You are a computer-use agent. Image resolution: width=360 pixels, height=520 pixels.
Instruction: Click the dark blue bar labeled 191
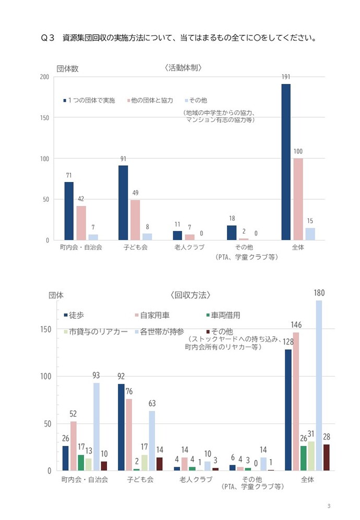(x=286, y=162)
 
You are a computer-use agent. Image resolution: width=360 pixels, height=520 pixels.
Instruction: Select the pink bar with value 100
(x=298, y=199)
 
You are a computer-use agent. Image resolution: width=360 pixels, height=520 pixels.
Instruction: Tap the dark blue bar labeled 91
(x=123, y=202)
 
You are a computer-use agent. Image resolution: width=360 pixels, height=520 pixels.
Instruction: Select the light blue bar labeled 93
(x=96, y=426)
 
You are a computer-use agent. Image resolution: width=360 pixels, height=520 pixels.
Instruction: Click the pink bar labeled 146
(x=296, y=401)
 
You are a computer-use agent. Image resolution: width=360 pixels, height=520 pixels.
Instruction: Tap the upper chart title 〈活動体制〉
(x=183, y=68)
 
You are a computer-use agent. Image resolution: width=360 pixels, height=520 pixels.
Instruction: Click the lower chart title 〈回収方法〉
(x=190, y=295)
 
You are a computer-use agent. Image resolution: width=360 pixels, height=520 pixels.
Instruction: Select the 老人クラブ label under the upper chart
(x=188, y=247)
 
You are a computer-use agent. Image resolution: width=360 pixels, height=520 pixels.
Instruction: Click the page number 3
(x=329, y=506)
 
